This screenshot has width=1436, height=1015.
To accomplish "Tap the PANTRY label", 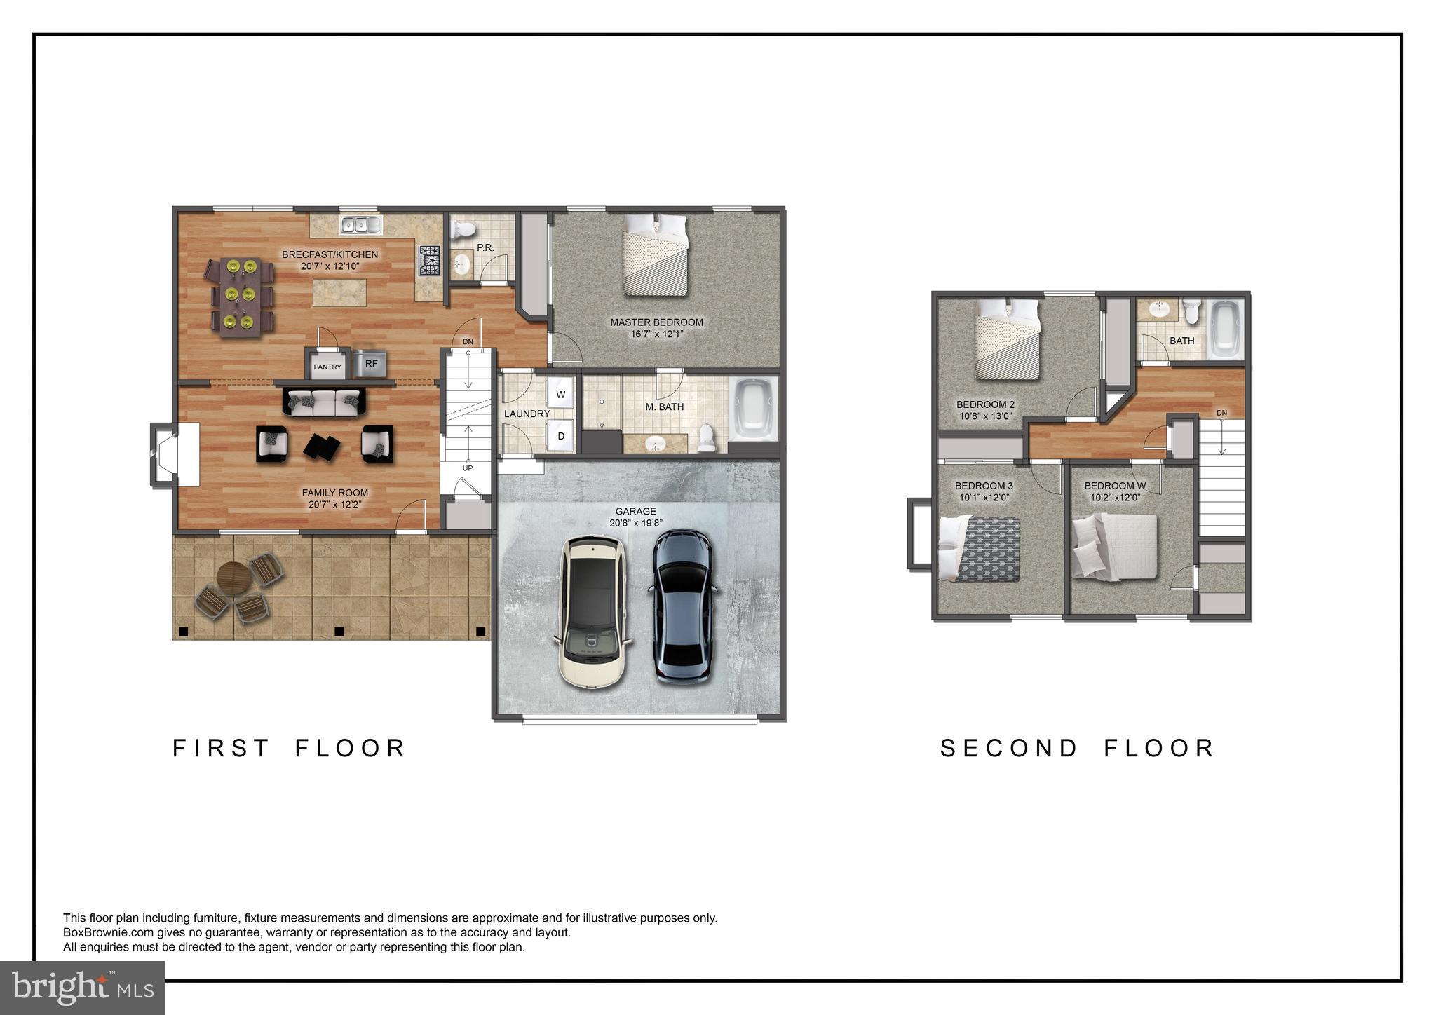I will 327,367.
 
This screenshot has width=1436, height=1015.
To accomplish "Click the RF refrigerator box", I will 371,364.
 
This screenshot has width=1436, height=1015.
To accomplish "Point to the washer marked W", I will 560,395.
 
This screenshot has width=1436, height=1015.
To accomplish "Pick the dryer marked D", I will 560,436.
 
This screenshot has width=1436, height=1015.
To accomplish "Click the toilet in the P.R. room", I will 463,229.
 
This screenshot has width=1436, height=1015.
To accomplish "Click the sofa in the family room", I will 324,402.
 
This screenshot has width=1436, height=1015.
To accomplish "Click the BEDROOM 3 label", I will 983,486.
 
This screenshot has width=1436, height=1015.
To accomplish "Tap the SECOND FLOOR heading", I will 1077,748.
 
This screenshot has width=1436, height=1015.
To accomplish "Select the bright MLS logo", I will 82,988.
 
